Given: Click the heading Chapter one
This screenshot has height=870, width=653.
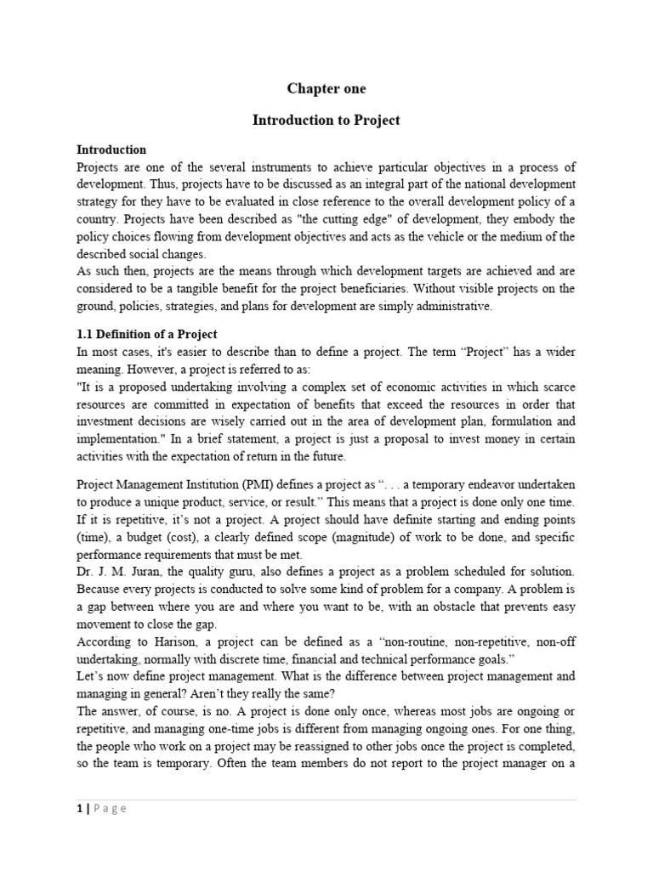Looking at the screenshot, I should pos(326,88).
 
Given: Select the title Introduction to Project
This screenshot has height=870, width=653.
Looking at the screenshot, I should pos(326,121).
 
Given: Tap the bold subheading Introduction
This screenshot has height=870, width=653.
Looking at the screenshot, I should pos(111,150).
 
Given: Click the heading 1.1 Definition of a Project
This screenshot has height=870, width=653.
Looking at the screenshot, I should pos(147,334).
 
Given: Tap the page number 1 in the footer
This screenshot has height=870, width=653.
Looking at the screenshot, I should pos(80,809).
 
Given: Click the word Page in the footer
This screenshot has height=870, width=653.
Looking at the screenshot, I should pos(111,809).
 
